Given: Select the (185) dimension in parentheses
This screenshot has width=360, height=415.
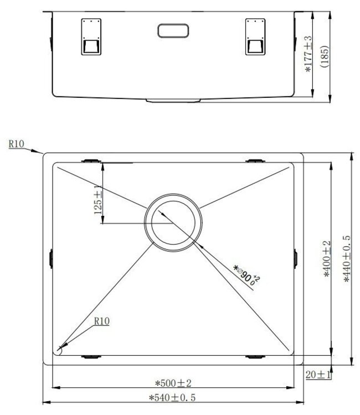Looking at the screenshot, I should (x=325, y=55).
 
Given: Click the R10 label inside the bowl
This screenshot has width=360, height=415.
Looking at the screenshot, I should (x=101, y=320).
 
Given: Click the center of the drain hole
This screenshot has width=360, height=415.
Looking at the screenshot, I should (x=172, y=220).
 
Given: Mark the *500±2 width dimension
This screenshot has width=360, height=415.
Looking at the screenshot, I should (x=173, y=383).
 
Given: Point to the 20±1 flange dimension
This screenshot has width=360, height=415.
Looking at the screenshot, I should (x=317, y=375).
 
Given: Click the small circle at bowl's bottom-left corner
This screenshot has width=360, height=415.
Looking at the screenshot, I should (x=60, y=349).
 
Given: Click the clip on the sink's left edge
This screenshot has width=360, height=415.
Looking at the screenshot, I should (x=51, y=258).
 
